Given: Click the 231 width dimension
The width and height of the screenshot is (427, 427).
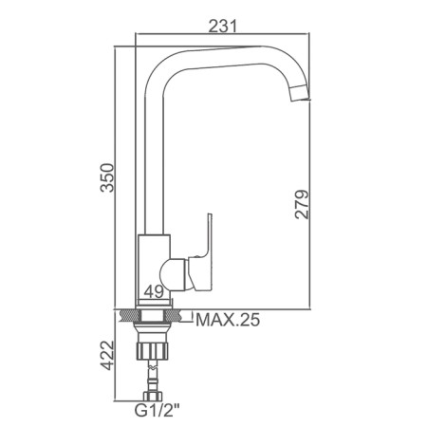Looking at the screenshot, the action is point(222,26).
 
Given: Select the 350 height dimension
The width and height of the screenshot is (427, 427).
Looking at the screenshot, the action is point(107,177).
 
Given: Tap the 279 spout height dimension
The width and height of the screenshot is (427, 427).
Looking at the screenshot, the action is point(302,204).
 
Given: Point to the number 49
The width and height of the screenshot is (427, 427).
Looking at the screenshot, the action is point(154,291).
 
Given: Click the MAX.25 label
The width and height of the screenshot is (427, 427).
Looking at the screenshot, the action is point(228,320).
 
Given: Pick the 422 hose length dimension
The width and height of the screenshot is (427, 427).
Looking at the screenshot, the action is point(107,355).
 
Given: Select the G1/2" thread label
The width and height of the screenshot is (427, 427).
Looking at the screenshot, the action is point(157,411).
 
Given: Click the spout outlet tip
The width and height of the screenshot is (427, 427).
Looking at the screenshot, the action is point(300,94).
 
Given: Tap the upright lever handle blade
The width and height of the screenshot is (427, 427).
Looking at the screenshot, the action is point(208,235).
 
